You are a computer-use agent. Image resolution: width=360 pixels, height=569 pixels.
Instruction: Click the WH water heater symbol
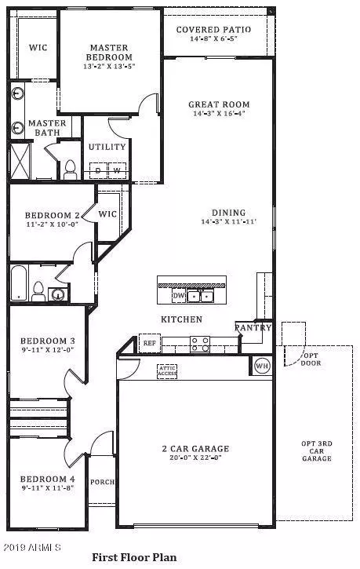click(x=261, y=365)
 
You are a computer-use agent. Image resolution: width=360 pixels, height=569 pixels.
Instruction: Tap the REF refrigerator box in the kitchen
click(x=148, y=342)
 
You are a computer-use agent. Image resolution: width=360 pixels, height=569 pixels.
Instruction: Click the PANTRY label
click(x=253, y=328)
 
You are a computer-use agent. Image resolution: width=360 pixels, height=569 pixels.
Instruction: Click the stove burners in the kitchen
click(x=200, y=343)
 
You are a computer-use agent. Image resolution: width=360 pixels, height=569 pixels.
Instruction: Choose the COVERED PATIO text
click(x=213, y=30)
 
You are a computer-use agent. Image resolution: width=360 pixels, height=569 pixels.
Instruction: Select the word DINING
click(x=228, y=213)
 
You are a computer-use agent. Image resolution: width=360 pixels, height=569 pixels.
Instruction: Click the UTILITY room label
click(x=107, y=147)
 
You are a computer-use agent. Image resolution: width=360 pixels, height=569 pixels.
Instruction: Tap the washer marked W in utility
click(x=117, y=170)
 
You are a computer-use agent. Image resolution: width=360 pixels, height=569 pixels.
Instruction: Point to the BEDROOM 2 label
click(x=52, y=216)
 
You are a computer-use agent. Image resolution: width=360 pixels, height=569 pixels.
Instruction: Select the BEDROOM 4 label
click(x=48, y=478)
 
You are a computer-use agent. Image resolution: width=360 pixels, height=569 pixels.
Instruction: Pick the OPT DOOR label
click(x=312, y=359)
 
